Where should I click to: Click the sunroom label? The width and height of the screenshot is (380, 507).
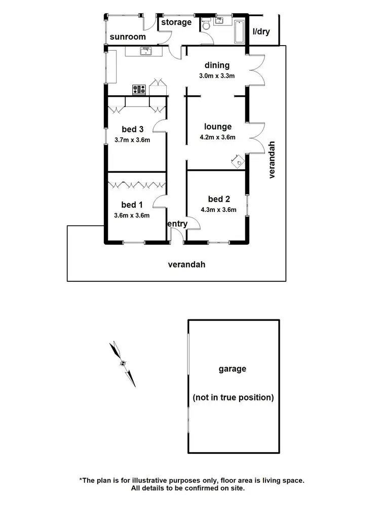pos(128,37)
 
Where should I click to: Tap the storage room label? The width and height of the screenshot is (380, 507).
pos(176,22)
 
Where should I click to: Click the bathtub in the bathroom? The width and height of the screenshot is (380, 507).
pos(240,31)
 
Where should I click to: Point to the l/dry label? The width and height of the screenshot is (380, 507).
pos(261,31)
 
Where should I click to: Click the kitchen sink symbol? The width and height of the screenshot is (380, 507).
pos(146,51)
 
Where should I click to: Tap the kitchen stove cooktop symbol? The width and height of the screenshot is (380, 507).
pos(139,89)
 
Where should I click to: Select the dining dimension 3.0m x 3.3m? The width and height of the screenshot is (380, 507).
pos(217,76)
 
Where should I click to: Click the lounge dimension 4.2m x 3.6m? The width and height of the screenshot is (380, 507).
pos(217,137)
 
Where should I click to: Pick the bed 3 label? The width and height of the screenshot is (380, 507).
pos(132,129)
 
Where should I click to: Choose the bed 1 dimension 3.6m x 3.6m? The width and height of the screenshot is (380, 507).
pos(132,215)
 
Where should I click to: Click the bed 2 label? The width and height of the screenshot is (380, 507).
pos(219,199)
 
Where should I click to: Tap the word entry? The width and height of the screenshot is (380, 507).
pos(177,224)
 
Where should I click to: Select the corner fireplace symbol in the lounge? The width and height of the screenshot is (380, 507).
pos(238,161)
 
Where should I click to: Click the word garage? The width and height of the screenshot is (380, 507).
pos(233,369)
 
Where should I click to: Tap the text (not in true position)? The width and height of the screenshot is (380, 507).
pos(233,397)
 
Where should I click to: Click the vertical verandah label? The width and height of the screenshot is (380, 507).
pos(272,160)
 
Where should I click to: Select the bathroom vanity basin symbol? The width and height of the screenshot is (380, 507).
pos(219,20)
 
